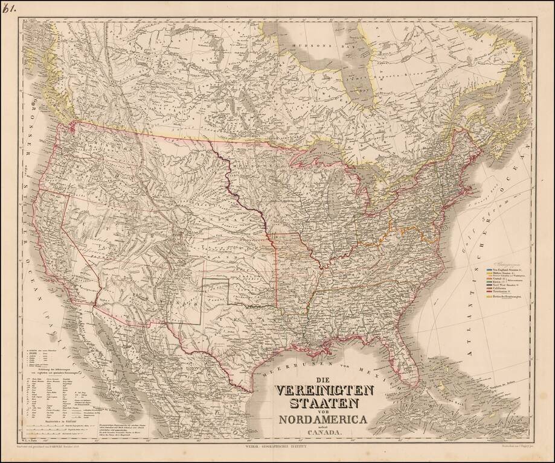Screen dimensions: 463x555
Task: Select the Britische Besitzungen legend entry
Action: (505, 298)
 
